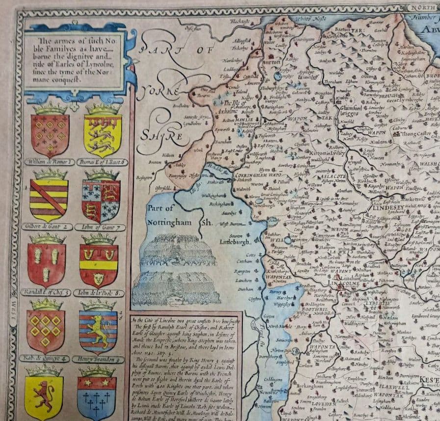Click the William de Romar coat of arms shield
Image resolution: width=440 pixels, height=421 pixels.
tap(50, 133)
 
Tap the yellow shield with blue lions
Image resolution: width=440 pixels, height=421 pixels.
tap(103, 134)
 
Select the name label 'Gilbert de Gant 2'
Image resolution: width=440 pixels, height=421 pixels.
tap(47, 227)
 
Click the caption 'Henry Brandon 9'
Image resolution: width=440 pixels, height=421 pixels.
tap(99, 358)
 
